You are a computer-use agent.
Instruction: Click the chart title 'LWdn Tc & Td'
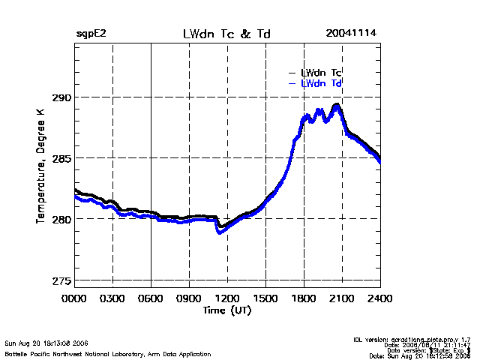tap(226, 34)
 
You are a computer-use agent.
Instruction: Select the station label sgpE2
tap(90, 34)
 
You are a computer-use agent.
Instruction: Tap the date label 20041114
tap(351, 34)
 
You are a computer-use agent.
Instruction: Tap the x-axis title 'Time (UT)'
tap(226, 309)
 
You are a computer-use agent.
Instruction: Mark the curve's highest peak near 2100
tap(337, 105)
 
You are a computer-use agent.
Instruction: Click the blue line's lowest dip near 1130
tap(220, 232)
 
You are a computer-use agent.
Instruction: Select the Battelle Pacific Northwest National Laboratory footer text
tap(108, 353)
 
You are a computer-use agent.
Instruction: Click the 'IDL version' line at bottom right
tap(412, 340)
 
